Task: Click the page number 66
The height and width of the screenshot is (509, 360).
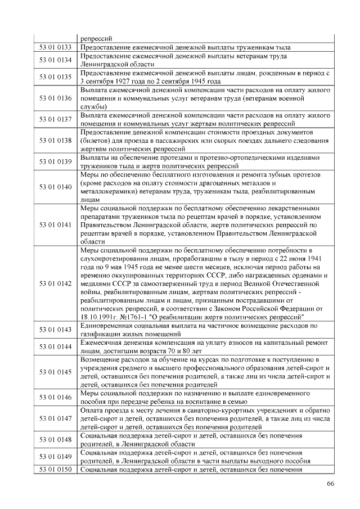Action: tap(331, 484)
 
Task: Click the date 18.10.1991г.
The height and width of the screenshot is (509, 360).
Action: tap(100, 317)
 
